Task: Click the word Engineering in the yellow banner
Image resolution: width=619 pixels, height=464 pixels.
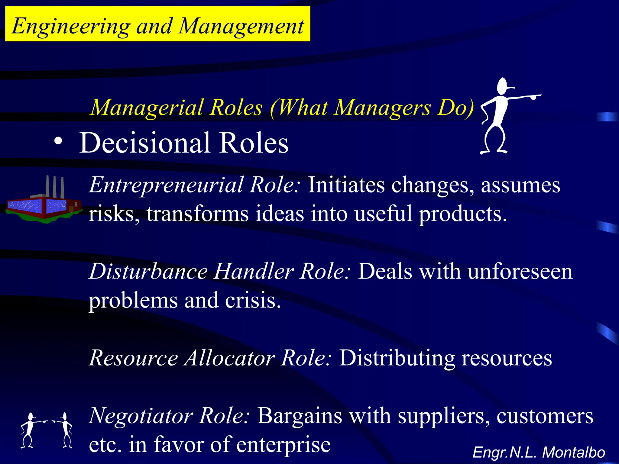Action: (x=71, y=27)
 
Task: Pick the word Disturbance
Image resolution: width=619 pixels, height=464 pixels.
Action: (x=148, y=271)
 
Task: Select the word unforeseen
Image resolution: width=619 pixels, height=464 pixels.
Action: (x=520, y=271)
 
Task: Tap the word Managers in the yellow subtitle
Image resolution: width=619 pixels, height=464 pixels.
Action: (x=382, y=108)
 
